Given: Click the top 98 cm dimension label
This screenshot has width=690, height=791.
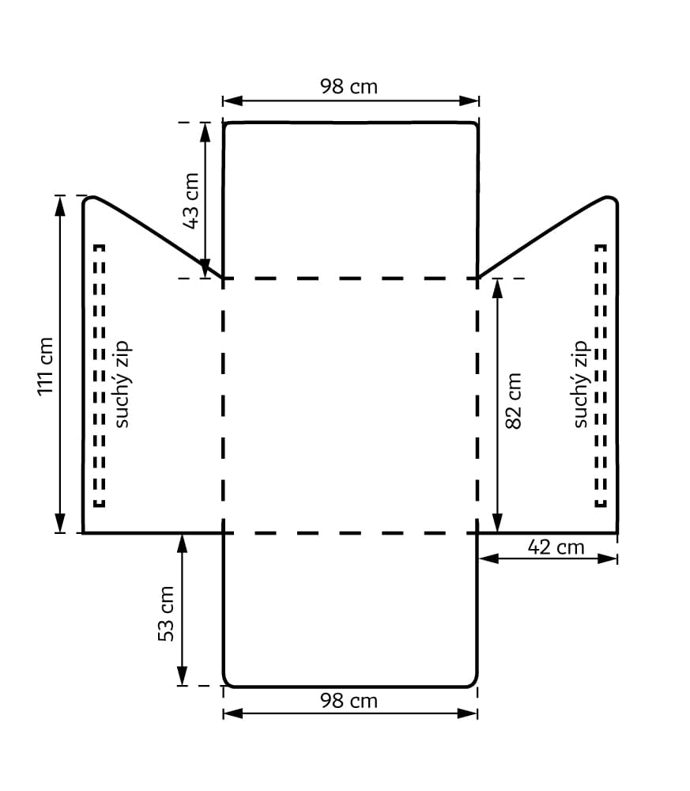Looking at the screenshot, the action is [x=349, y=86].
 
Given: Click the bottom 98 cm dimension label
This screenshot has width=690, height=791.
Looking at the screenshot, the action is [x=349, y=701].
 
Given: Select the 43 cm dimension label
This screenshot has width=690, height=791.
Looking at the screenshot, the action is [x=191, y=201].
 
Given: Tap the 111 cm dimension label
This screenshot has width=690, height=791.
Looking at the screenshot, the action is [x=45, y=367].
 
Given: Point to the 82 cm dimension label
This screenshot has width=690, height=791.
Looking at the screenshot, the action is [x=513, y=401].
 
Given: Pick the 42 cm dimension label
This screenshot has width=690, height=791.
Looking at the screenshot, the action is [x=556, y=547].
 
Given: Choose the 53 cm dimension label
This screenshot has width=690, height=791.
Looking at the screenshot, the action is [x=166, y=614].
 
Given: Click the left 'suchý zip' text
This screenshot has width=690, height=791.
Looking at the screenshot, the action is [x=122, y=384].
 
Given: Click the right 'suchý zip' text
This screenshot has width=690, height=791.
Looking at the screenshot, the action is [x=581, y=384].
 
